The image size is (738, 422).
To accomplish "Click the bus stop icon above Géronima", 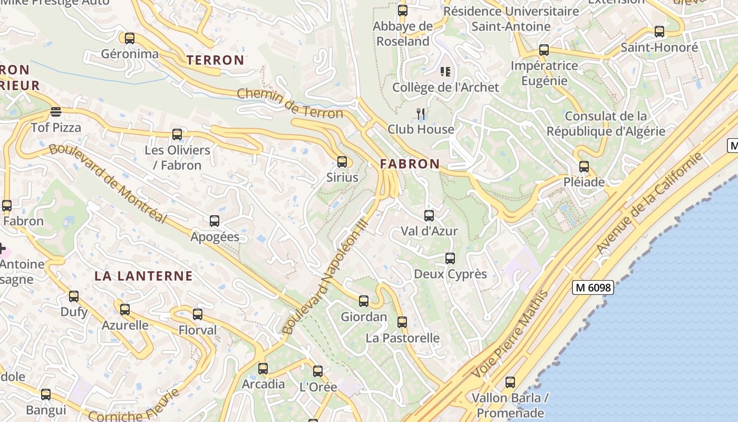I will point(129,39).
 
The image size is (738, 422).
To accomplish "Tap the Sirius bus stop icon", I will point(342,162).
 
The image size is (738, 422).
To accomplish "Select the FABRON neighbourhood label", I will point(410,164).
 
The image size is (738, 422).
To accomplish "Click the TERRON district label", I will point(216,60).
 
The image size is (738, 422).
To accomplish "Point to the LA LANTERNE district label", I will point(143,276).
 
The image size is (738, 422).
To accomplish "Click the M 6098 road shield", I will point(593,287).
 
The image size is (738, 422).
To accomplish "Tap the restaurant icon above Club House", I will point(421,113).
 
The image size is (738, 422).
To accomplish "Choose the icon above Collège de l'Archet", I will point(445,71).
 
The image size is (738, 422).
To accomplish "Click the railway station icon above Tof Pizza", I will point(55,111).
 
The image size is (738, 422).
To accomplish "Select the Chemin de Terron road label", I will point(290,103).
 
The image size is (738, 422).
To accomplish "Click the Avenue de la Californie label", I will point(649,203).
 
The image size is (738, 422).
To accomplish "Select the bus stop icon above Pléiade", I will point(584,167).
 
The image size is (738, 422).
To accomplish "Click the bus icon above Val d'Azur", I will point(429,215).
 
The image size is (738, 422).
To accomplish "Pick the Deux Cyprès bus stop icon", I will point(450,258).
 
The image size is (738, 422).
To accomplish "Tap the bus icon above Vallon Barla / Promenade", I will point(510,382).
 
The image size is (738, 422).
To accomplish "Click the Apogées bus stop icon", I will point(214,221).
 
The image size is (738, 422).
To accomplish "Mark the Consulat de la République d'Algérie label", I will point(606,123).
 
